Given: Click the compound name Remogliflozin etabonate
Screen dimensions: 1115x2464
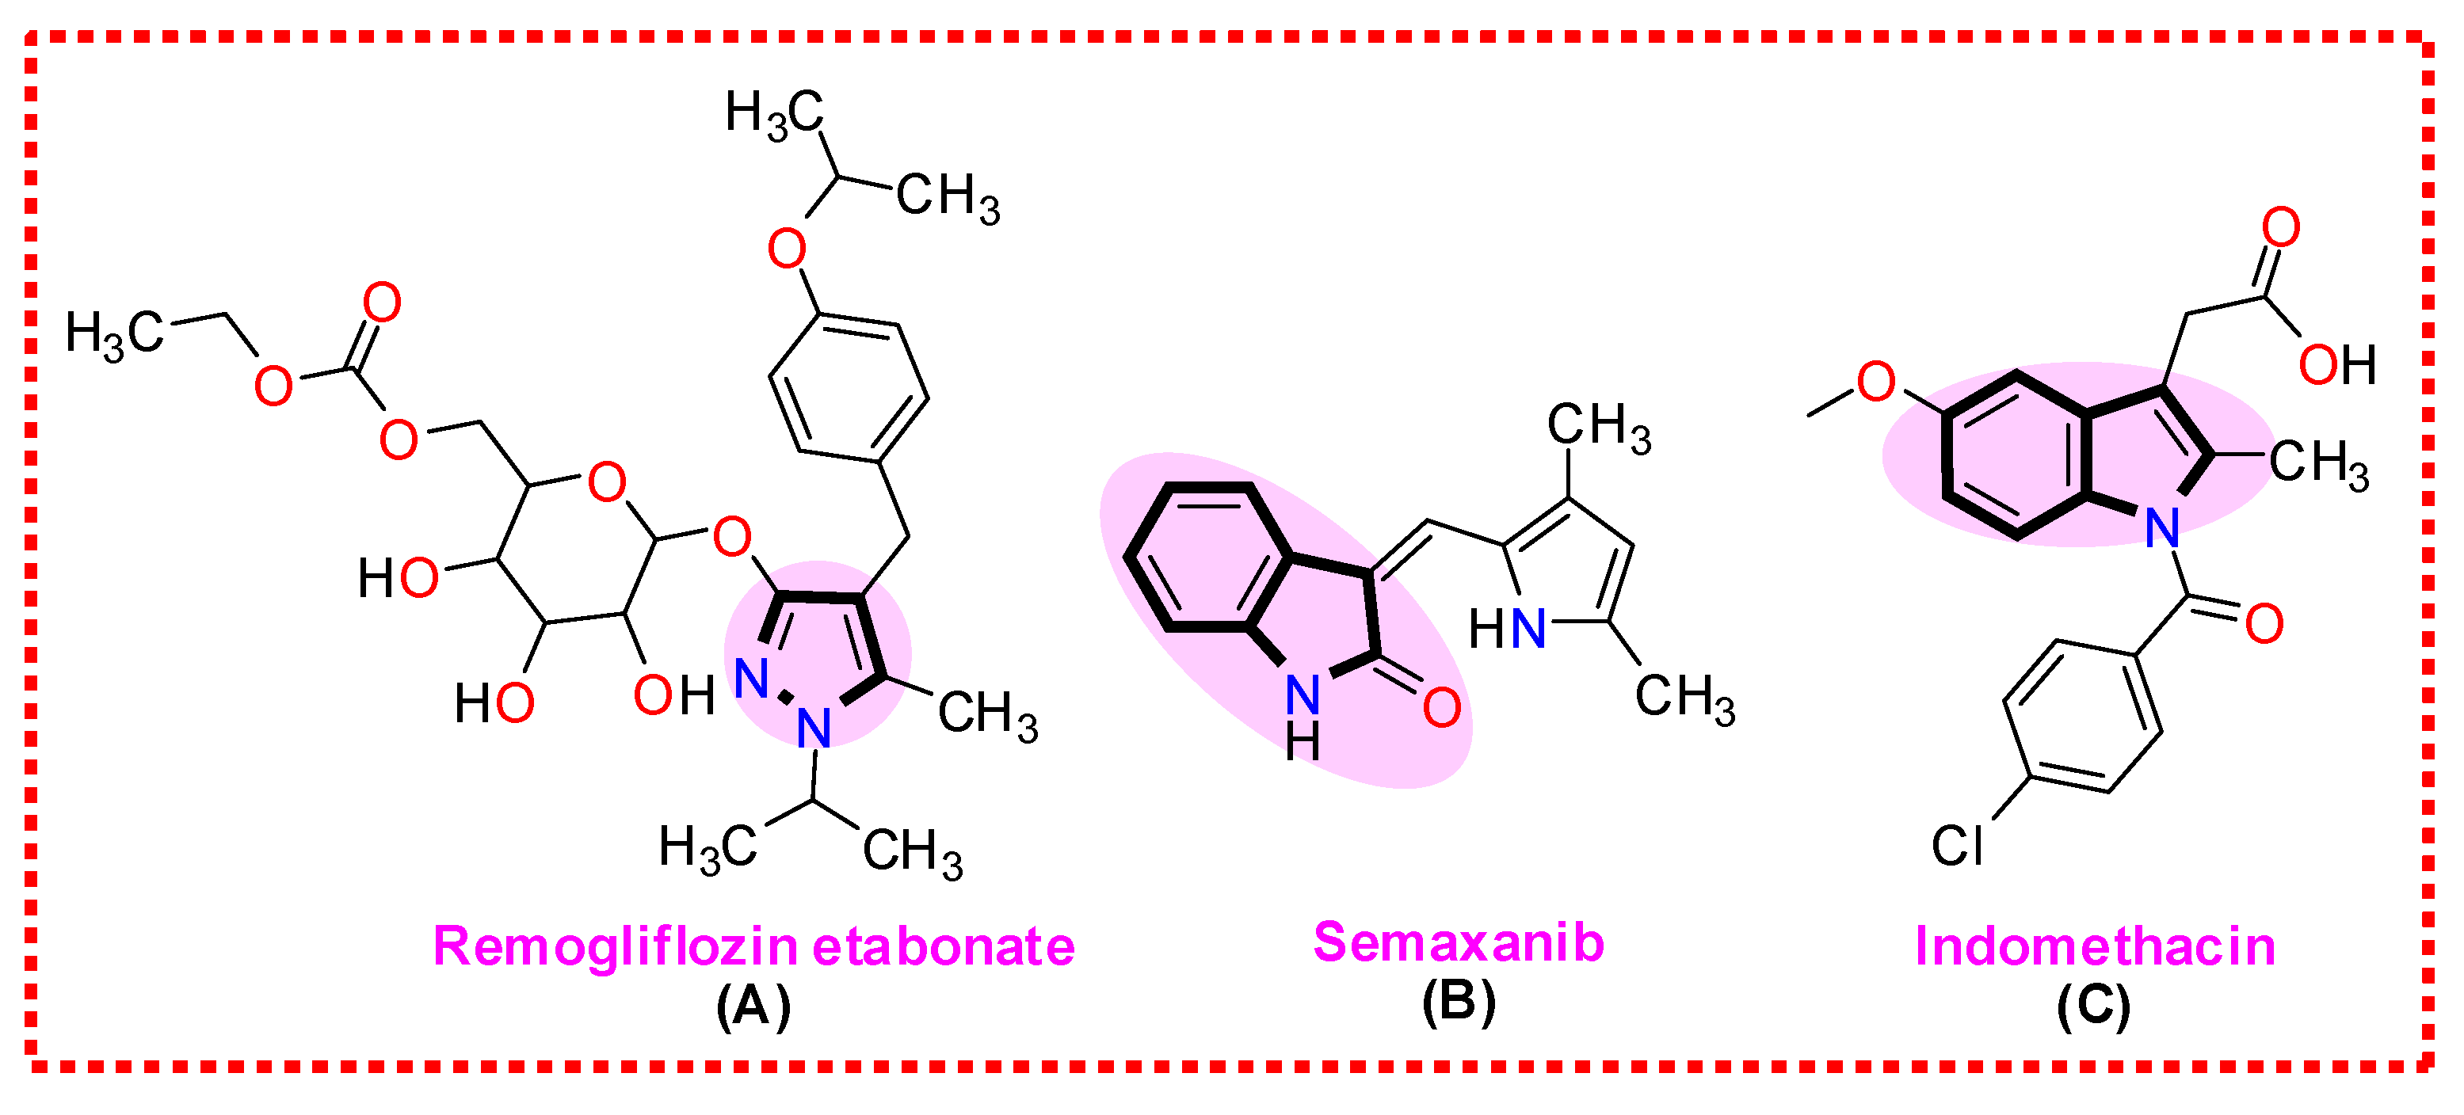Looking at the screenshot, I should pos(753,946).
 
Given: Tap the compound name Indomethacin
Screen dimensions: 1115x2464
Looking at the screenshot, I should pos(2095,946).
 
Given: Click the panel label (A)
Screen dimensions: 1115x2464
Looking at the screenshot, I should pos(753,1005).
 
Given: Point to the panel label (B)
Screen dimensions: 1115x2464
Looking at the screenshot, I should pos(1458,1003).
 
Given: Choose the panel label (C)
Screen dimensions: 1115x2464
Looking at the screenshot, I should pos(2094,1005).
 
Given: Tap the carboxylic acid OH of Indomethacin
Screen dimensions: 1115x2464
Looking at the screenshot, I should pos(2336,365).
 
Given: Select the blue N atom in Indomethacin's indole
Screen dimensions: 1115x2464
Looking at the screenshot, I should pos(2161,528).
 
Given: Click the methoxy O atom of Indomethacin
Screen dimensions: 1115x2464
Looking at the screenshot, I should pos(1876,382).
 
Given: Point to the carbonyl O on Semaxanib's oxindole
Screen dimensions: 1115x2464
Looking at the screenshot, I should pos(1441,708).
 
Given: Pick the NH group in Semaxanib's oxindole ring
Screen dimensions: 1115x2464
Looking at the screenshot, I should pos(1303,713).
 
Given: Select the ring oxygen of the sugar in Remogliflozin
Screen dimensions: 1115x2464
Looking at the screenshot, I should pos(606,483).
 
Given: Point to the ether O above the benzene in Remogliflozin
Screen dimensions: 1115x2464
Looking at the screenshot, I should pos(786,249).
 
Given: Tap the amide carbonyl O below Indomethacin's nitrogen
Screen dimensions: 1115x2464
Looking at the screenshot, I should pos(2264,625).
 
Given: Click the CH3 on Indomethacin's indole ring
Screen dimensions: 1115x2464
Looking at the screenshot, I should pos(2318,465).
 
